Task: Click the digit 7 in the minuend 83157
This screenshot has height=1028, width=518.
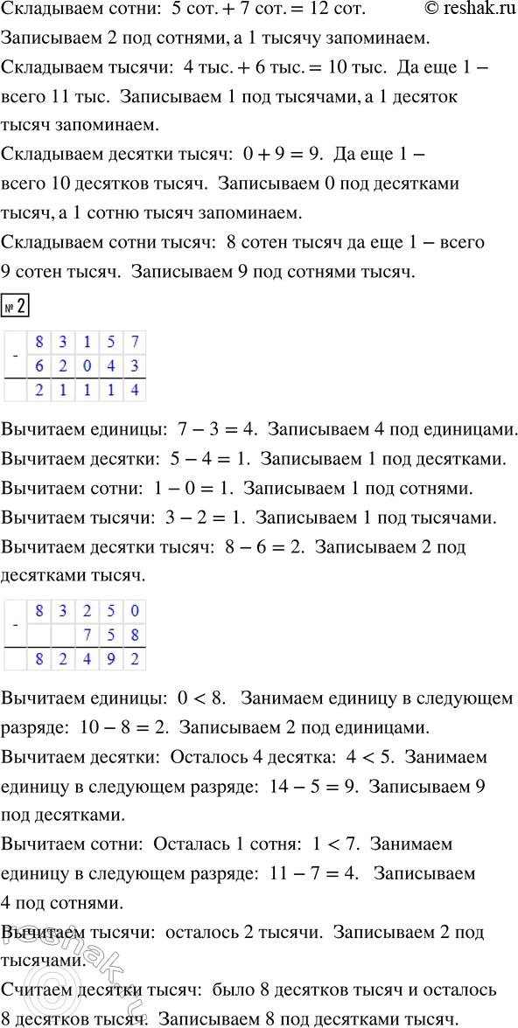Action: [134, 341]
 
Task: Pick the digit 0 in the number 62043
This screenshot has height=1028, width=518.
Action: [87, 365]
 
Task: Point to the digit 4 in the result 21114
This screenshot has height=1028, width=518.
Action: [134, 389]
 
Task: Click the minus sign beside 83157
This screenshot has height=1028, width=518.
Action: [15, 353]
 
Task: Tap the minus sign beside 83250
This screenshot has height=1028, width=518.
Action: [15, 622]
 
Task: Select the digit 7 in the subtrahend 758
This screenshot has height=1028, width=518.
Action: [87, 634]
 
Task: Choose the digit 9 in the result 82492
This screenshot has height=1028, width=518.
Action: [110, 658]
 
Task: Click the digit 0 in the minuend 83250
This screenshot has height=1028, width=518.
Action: [134, 610]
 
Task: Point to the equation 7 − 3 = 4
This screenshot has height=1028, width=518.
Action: [213, 430]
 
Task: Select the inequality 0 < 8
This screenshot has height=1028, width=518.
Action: [199, 699]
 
